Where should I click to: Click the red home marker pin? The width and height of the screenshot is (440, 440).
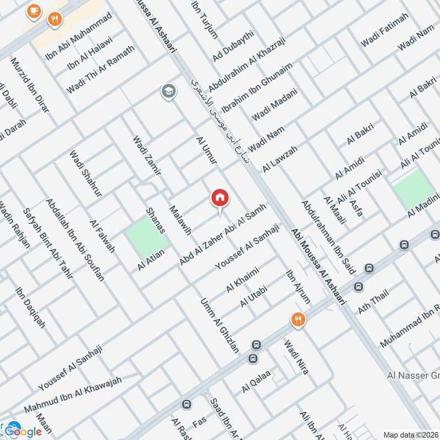click(220, 199)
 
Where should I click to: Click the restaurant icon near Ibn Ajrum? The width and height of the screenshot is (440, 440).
click(298, 320)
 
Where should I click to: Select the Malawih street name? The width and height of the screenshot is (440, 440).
click(180, 220)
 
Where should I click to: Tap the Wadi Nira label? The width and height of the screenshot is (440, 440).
click(296, 358)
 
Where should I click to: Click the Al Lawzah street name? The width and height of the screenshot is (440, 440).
click(280, 158)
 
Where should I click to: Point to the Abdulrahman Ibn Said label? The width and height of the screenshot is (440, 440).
click(328, 237)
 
